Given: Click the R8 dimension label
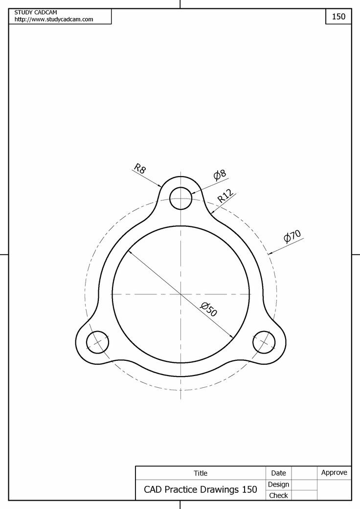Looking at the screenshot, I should coord(140,169).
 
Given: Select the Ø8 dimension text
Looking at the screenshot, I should coord(220,174).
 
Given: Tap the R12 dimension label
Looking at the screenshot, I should coord(225,196).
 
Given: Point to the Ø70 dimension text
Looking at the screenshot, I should coord(292,236).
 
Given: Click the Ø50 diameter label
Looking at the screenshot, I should coord(209,309).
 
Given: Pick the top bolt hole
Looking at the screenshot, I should coord(180,199).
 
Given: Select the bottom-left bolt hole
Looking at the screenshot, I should coord(97,342).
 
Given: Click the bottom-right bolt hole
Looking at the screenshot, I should coord(264,342).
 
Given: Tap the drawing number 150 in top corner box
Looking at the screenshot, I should coord(338,16).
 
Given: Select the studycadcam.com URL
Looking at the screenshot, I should coord(54,19).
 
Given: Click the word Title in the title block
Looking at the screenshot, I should coord(201,473).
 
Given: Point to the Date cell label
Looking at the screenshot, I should coord(278,473).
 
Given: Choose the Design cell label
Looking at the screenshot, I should coord(278,484).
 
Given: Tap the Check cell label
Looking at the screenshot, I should coord(278,495).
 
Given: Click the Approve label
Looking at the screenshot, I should coord(334,472).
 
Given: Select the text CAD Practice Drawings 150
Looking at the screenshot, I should coord(200,489).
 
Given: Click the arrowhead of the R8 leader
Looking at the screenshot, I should coord(161,186).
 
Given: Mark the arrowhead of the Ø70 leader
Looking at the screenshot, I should coord(270,254).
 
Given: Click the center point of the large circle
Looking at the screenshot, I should coord(180,294).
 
